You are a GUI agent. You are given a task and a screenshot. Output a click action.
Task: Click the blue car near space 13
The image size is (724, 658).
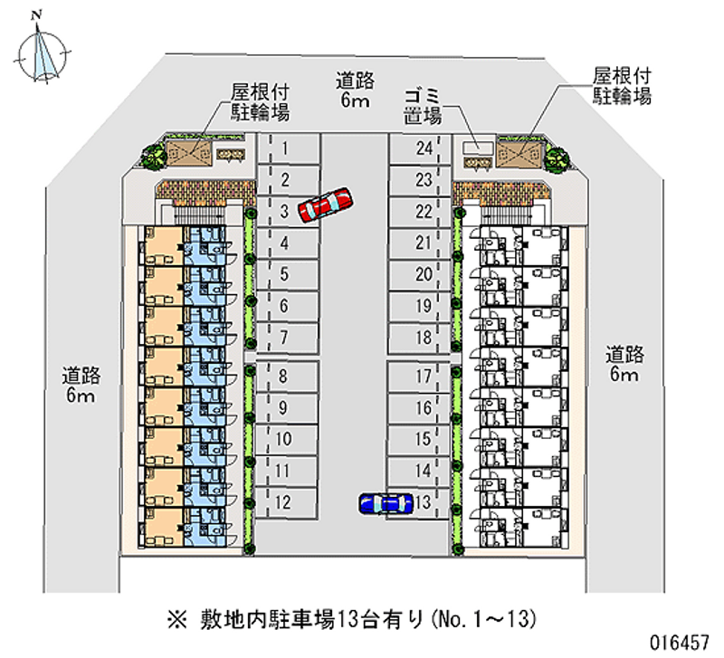(x=386, y=503)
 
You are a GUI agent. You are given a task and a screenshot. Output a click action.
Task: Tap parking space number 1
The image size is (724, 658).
(x=288, y=148)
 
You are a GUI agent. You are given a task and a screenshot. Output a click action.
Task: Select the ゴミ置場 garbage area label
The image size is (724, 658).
(x=423, y=105)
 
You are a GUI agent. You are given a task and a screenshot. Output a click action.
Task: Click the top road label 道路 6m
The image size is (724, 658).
(x=353, y=89)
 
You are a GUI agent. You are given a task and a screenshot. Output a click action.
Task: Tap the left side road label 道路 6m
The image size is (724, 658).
(x=81, y=385)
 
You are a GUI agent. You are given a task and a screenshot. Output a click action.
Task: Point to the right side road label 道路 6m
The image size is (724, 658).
(x=624, y=363)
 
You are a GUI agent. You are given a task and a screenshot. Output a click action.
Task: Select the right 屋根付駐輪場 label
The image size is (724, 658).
(x=622, y=85)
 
